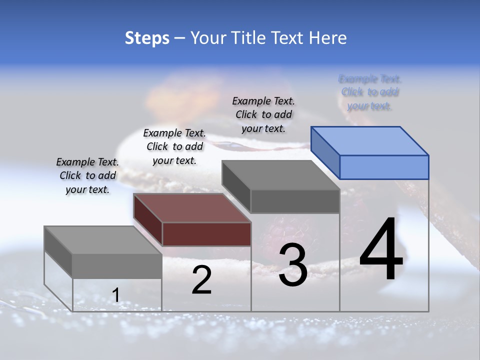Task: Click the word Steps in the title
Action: (147, 38)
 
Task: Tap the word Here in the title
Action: (326, 38)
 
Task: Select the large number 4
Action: (381, 249)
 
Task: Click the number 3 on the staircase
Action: (293, 265)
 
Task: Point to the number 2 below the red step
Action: (201, 280)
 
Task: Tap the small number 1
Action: (115, 295)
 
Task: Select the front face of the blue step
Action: (384, 167)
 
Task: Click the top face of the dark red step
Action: (192, 208)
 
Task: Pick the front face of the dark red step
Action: (206, 234)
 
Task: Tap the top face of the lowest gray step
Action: (103, 240)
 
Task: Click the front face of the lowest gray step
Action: (117, 266)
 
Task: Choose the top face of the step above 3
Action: (281, 175)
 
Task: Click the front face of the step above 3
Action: (295, 201)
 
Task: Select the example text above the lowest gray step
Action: (87, 175)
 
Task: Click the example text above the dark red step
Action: (174, 146)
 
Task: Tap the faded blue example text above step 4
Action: (370, 92)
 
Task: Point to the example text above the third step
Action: (263, 114)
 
